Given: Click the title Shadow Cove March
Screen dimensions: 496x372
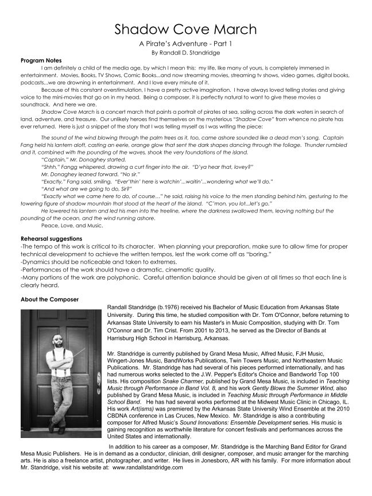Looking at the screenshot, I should click(185, 29).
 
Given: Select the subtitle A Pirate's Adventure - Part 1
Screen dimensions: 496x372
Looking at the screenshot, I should click(185, 44).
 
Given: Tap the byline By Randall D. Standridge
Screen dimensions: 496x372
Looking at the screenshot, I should click(185, 53).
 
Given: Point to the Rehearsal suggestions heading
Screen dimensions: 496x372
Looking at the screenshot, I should click(51, 238).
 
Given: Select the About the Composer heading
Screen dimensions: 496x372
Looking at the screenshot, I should click(49, 299).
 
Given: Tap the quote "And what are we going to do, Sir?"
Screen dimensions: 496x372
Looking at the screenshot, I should click(87, 188).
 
